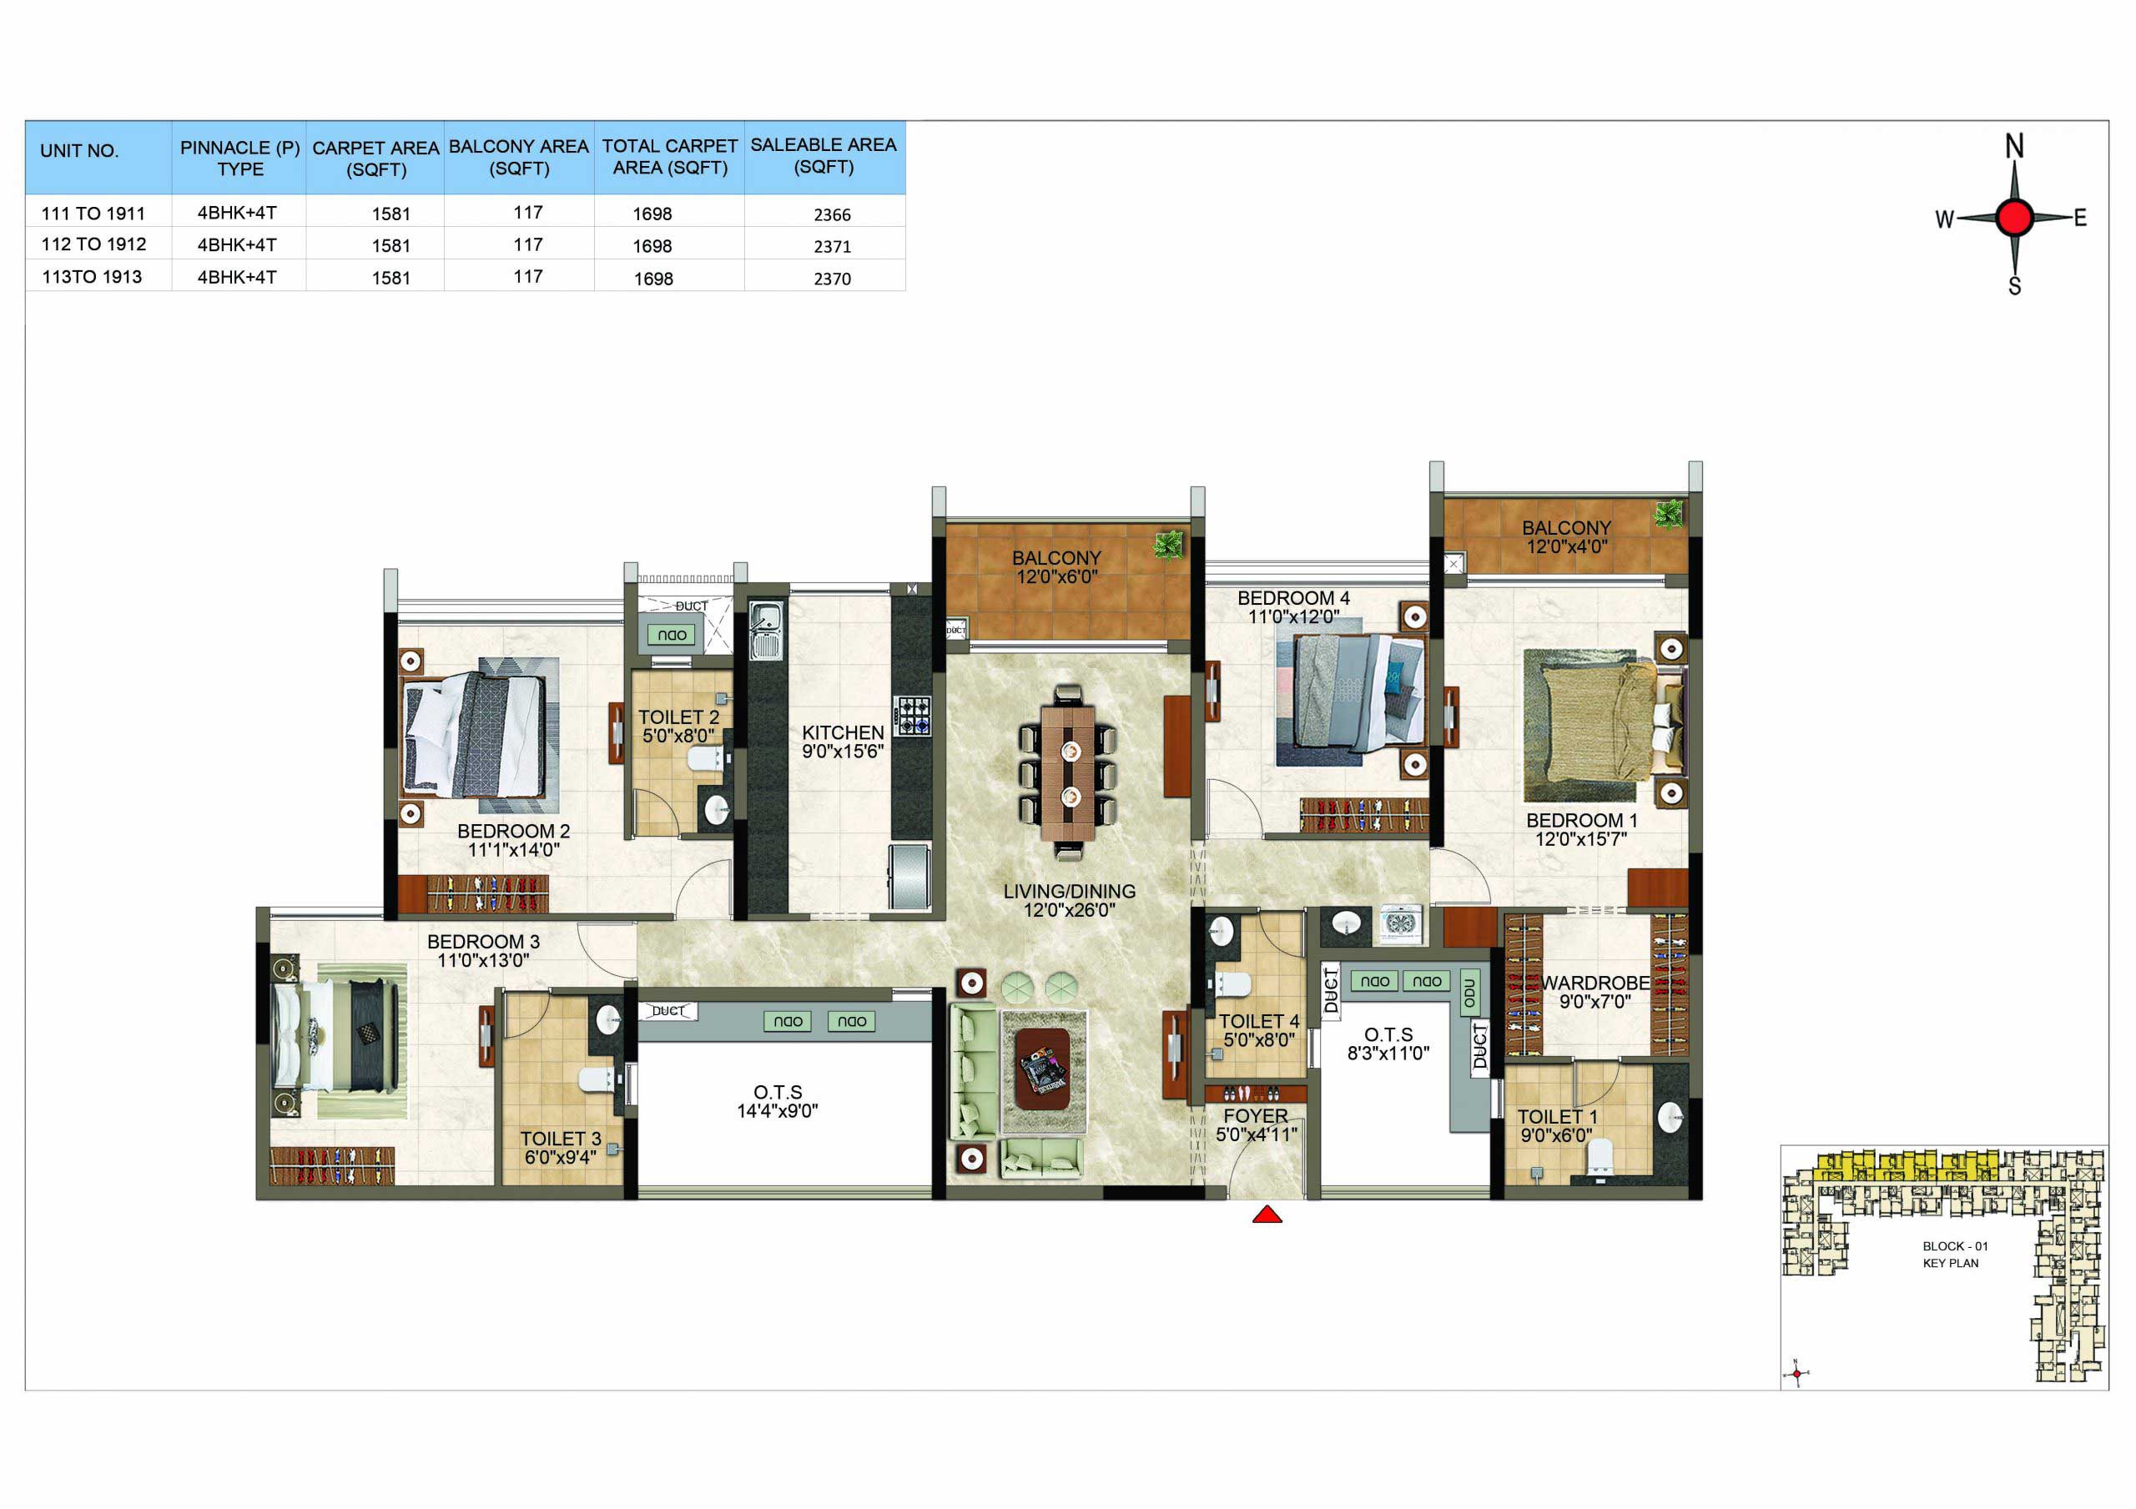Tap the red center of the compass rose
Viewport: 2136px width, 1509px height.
2014,218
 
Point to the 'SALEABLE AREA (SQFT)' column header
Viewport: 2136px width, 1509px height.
824,156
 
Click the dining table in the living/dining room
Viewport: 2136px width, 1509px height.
1068,772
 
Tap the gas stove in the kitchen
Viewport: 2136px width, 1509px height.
912,716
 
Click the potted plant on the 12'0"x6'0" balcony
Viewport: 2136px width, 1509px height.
1168,546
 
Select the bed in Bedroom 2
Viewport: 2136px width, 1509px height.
475,735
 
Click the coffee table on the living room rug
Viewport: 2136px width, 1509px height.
1042,1069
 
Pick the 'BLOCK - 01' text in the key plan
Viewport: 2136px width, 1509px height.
1956,1246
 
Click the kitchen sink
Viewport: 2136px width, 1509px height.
767,630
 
